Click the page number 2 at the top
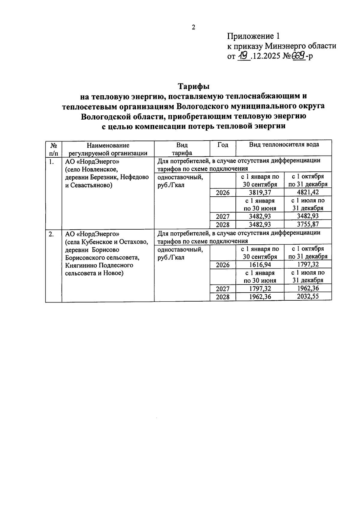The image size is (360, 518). (193, 28)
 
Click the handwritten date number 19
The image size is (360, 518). (244, 55)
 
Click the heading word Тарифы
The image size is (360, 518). (193, 86)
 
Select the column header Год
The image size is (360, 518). (223, 145)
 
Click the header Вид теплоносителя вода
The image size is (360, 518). (284, 145)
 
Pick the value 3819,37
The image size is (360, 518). (260, 192)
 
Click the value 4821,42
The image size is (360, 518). (308, 192)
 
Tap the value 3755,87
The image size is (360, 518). (308, 224)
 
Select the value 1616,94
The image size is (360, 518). (260, 264)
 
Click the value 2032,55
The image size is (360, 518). (308, 296)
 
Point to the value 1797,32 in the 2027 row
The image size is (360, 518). (260, 288)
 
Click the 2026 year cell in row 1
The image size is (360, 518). (223, 193)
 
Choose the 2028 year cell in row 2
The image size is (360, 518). (223, 296)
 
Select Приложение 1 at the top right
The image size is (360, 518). (253, 37)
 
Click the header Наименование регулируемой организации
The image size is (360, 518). (108, 149)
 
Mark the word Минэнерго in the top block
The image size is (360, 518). (284, 46)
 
